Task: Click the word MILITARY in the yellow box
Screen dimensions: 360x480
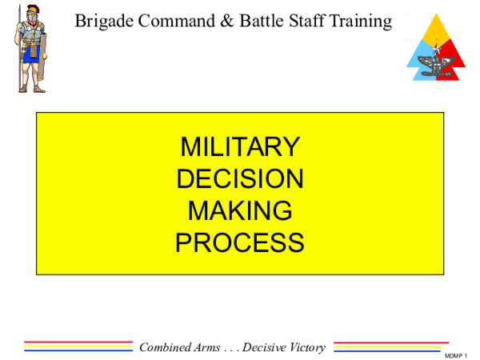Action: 240,146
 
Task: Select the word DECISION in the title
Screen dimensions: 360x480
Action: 240,178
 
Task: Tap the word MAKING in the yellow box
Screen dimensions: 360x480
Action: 240,210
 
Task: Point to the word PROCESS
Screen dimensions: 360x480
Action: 240,242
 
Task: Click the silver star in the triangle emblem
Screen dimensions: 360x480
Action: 437,49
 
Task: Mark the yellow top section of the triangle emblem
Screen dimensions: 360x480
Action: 437,29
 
